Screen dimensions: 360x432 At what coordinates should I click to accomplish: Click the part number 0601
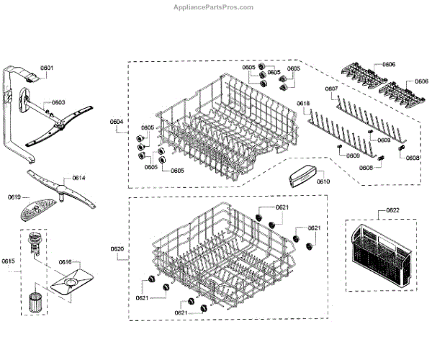tap(46, 68)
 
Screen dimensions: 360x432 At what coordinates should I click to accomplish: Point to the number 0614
tap(78, 177)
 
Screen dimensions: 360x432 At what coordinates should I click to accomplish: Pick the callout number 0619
tap(14, 196)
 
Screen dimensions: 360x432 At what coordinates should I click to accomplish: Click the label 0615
tap(7, 261)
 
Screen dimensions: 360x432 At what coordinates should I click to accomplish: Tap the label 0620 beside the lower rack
tap(118, 249)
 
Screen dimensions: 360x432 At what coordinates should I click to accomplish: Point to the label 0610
tap(323, 181)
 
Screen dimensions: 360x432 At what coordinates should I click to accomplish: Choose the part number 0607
tap(331, 90)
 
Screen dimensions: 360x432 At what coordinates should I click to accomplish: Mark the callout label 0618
tap(303, 104)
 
